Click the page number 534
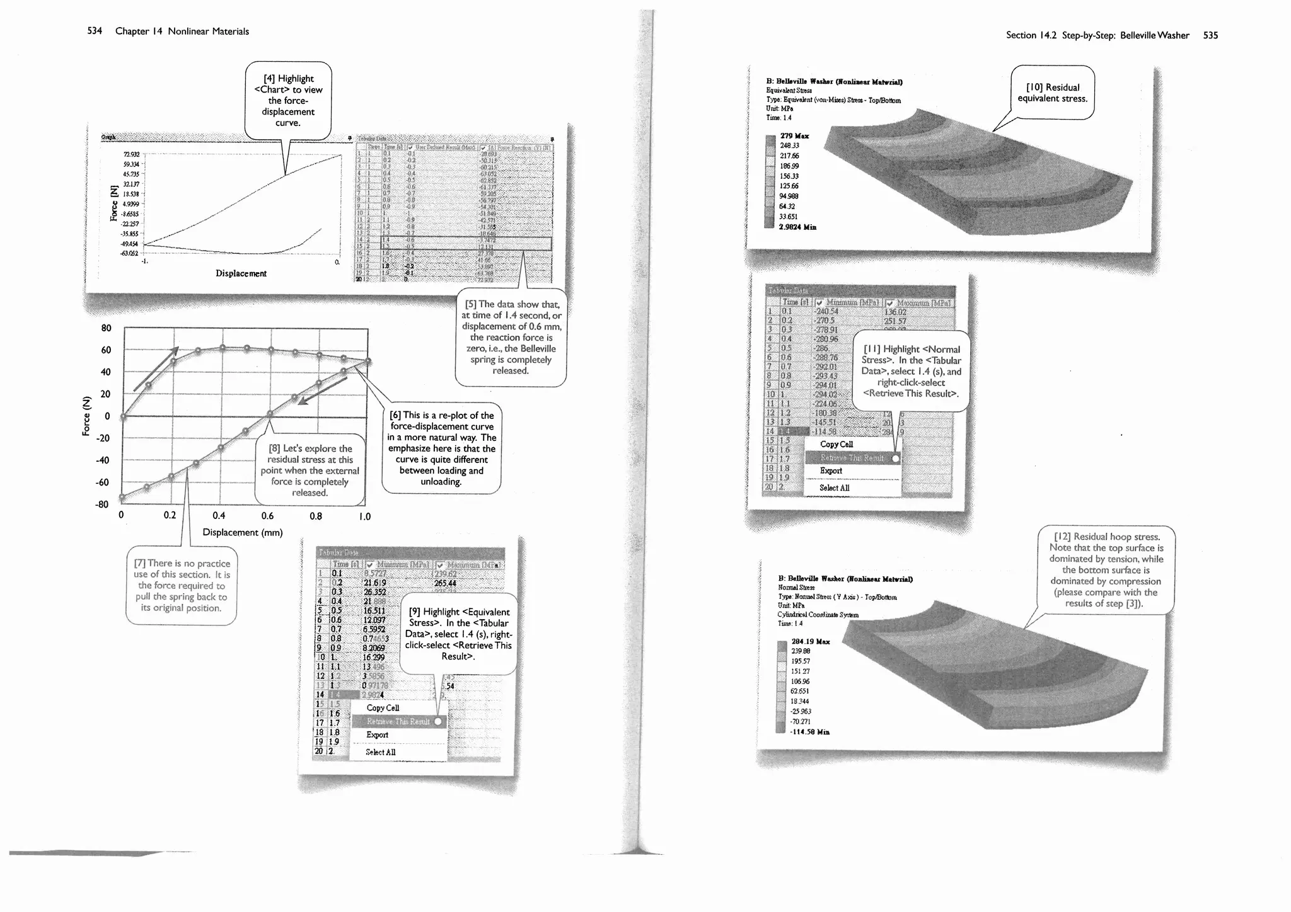pos(95,31)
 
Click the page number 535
pos(1210,35)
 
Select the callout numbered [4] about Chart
pos(288,100)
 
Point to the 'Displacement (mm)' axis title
pos(243,532)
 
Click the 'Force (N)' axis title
pos(86,415)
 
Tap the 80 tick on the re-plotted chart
pos(106,328)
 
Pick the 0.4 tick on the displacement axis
pos(219,516)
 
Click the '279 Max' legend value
pos(794,136)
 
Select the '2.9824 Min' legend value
pos(797,227)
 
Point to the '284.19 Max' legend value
pos(810,642)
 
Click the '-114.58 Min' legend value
pos(810,732)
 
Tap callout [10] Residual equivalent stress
pos(1052,93)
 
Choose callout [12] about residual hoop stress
pos(1106,570)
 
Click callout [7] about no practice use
pos(182,586)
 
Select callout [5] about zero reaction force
pos(511,338)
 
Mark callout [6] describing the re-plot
pos(441,448)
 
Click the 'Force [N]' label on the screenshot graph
pos(114,203)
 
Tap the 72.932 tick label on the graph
pos(131,154)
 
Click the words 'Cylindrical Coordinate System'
pos(818,615)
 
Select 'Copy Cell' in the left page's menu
pos(383,708)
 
